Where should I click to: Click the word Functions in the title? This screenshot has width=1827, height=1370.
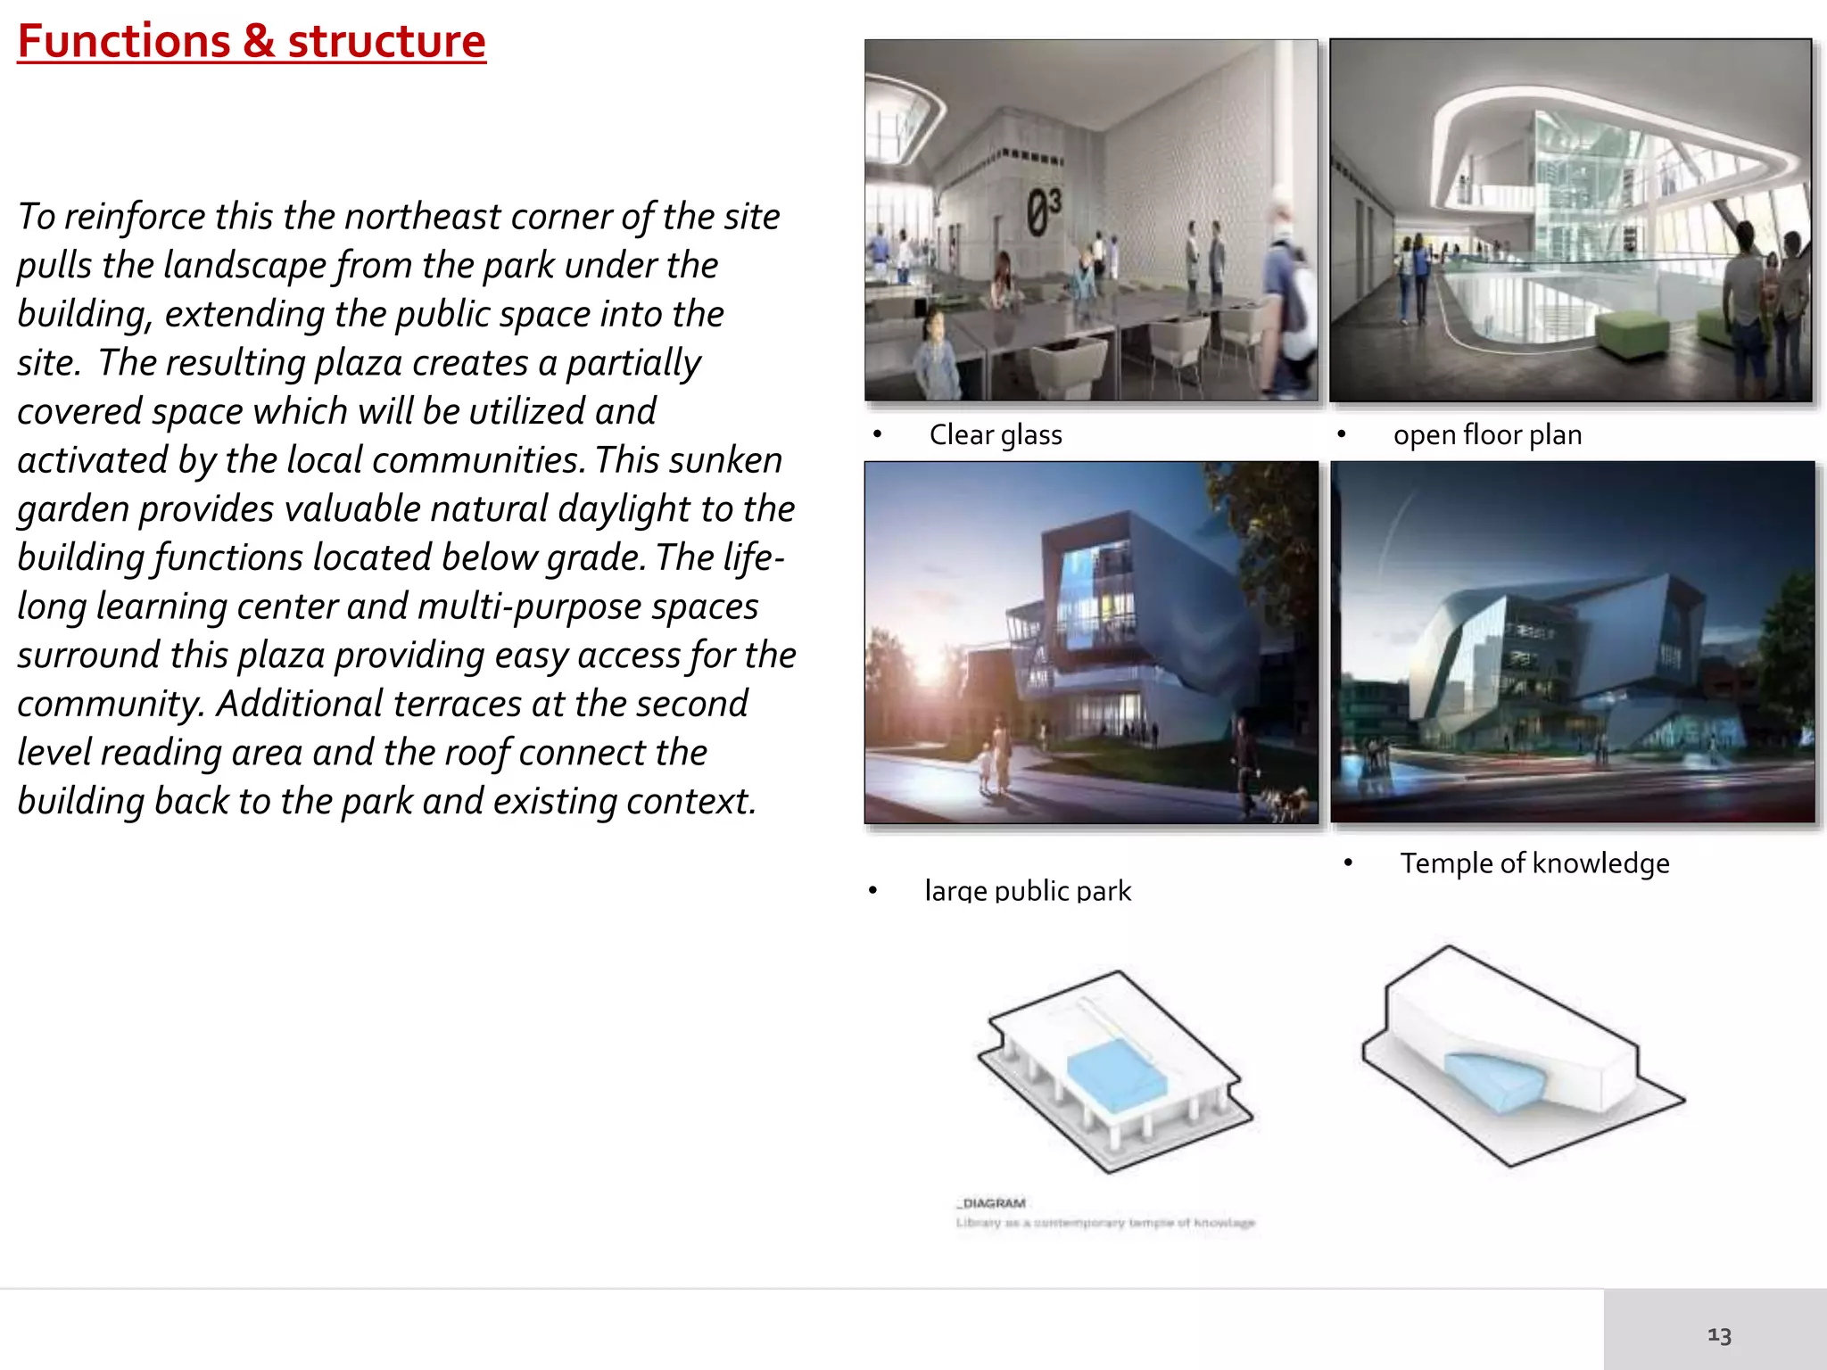pyautogui.click(x=124, y=42)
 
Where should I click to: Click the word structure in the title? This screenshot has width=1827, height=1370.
pyautogui.click(x=386, y=42)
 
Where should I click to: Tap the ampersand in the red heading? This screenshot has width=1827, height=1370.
pyautogui.click(x=258, y=42)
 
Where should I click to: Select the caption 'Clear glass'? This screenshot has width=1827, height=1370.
pyautogui.click(x=996, y=435)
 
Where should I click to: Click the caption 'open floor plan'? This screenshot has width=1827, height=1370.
pyautogui.click(x=1487, y=435)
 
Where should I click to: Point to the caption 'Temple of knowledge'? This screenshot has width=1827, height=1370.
pyautogui.click(x=1534, y=863)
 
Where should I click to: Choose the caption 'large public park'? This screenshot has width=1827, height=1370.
pyautogui.click(x=1028, y=891)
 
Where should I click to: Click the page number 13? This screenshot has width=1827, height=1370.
pyautogui.click(x=1719, y=1335)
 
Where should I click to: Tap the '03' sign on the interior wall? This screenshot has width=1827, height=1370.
pyautogui.click(x=1043, y=212)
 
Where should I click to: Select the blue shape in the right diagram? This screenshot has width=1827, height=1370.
pyautogui.click(x=1494, y=1080)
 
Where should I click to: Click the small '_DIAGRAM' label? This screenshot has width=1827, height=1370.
pyautogui.click(x=992, y=1203)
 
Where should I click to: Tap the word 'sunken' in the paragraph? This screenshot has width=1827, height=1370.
pyautogui.click(x=733, y=460)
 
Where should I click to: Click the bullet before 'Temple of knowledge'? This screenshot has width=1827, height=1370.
pyautogui.click(x=1348, y=862)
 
